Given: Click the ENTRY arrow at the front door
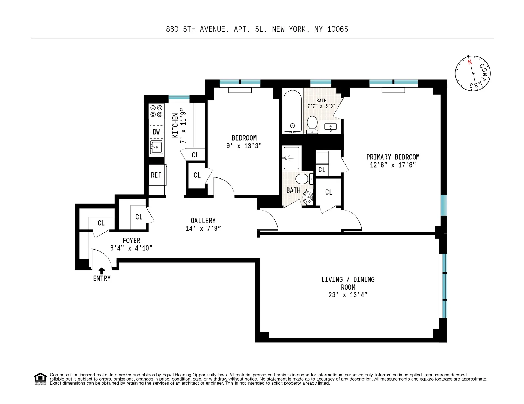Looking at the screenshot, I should click(x=102, y=271).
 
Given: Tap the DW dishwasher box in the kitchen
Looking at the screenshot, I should click(x=156, y=132).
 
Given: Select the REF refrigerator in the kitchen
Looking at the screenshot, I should click(x=156, y=175).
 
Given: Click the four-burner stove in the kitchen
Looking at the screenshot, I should click(x=156, y=111).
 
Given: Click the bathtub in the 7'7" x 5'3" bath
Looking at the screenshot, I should click(x=293, y=112).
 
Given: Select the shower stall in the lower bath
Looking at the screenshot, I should click(x=292, y=158).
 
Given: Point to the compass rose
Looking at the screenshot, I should click(x=473, y=74).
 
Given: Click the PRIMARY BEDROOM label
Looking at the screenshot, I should click(x=393, y=157).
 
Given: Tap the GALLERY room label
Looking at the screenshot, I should click(x=203, y=221).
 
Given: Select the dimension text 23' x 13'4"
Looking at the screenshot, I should click(x=348, y=295).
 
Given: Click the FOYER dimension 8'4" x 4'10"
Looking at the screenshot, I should click(x=131, y=248).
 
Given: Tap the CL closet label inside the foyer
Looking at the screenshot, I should click(x=101, y=223).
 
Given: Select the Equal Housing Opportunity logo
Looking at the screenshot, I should click(x=40, y=379).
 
